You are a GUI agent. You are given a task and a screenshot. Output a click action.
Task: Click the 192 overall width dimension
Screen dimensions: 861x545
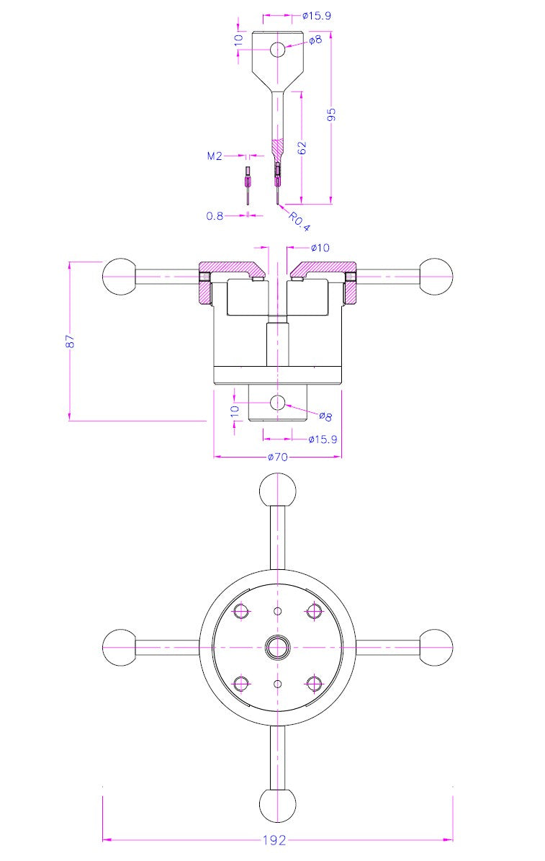(274, 840)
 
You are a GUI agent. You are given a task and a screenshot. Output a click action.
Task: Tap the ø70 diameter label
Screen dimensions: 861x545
(278, 457)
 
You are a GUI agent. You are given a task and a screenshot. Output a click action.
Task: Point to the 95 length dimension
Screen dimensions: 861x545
(332, 115)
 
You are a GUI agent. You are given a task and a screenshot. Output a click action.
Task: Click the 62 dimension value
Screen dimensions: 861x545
(302, 147)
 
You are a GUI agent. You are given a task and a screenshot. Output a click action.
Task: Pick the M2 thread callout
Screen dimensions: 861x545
(215, 156)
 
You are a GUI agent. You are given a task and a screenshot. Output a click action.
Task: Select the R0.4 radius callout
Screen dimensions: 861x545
(299, 221)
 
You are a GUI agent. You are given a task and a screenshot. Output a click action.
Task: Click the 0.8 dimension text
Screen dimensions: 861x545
(215, 215)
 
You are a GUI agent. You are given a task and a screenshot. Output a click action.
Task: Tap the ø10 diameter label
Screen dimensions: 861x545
(320, 248)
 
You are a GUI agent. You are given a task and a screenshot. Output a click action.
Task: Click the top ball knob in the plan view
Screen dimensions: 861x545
(277, 491)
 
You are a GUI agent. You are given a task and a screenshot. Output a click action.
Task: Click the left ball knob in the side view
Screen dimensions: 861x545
(120, 277)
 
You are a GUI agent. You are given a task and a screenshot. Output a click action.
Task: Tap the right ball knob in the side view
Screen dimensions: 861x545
(435, 277)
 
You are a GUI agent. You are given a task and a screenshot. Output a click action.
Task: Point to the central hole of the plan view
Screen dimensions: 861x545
(277, 648)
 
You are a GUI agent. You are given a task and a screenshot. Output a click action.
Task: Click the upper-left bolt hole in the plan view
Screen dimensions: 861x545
(241, 612)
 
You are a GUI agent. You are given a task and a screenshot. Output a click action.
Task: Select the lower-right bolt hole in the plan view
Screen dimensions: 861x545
(313, 682)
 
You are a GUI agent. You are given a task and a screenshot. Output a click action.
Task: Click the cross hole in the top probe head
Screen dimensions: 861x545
(278, 50)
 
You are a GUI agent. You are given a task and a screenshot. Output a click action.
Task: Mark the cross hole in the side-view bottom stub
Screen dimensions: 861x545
(278, 402)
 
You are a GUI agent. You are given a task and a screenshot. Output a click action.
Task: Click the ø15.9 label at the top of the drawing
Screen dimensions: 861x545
(317, 15)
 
